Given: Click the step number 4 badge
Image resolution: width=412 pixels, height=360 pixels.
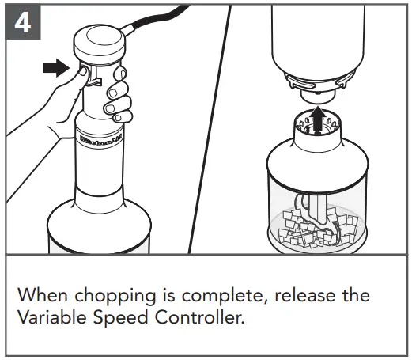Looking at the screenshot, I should [23, 23].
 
